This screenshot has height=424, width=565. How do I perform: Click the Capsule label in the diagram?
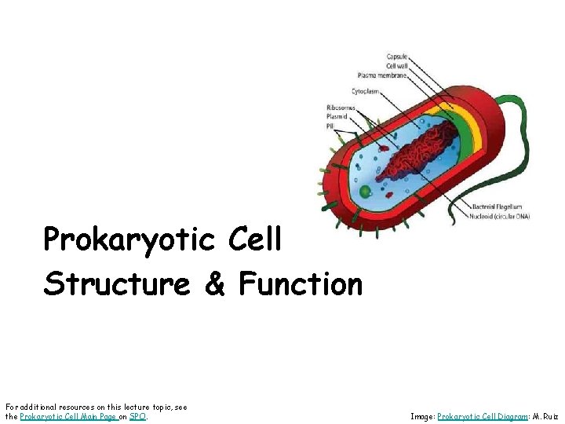pos(395,57)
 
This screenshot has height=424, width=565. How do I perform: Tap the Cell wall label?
pos(395,66)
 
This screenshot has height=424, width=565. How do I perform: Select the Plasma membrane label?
pos(382,75)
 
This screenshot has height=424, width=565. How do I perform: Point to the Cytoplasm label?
pos(366,91)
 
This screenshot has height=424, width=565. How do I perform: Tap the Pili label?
pos(331,126)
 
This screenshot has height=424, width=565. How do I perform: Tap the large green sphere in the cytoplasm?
pos(365,191)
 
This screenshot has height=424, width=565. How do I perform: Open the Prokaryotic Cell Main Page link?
pos(67,416)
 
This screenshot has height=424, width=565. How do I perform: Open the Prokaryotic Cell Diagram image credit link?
pos(481,416)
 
